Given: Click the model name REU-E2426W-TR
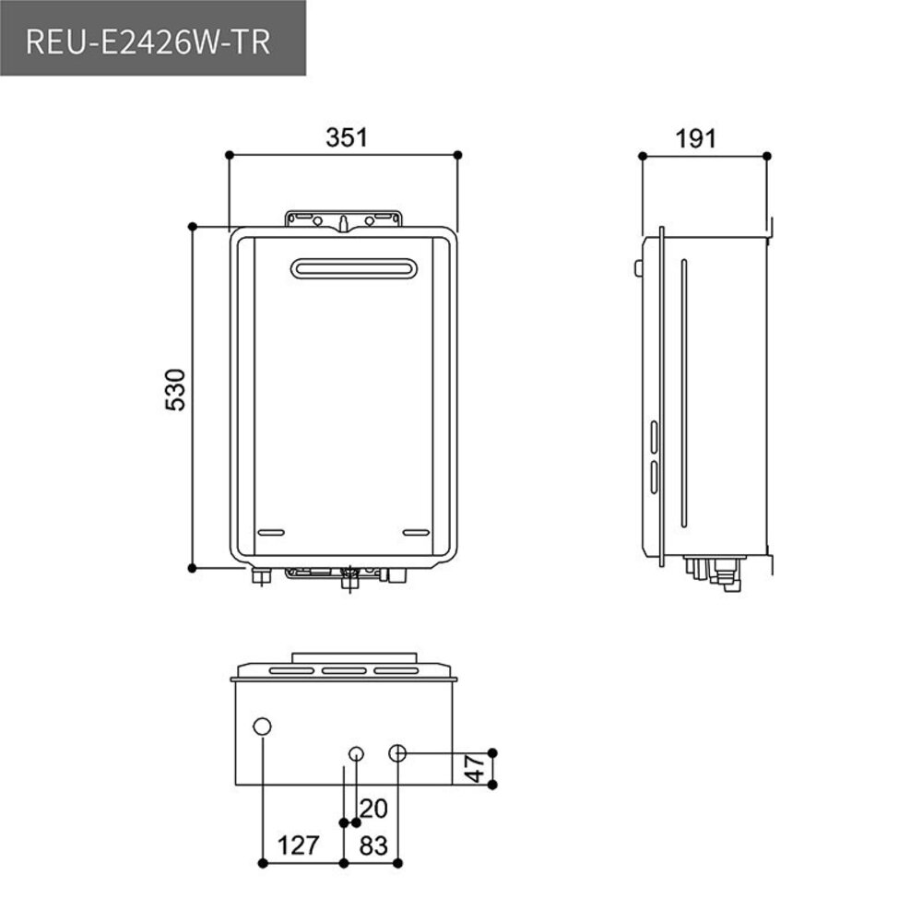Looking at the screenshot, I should [148, 42].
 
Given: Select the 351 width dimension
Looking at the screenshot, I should [346, 137].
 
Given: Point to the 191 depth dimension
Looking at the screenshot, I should [695, 138].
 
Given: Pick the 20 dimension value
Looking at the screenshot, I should [373, 809].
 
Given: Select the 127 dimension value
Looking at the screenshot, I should [298, 845].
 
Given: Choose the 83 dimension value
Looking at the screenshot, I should [373, 845].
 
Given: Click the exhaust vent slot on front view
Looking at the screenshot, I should [354, 268].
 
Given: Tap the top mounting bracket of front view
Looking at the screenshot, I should [344, 219].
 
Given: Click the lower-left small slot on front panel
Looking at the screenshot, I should [270, 533].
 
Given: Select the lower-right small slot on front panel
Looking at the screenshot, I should [417, 533].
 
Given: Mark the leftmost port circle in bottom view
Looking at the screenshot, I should [263, 727].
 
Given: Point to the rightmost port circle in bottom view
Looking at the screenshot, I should [397, 752].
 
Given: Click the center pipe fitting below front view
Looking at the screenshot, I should [349, 580].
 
